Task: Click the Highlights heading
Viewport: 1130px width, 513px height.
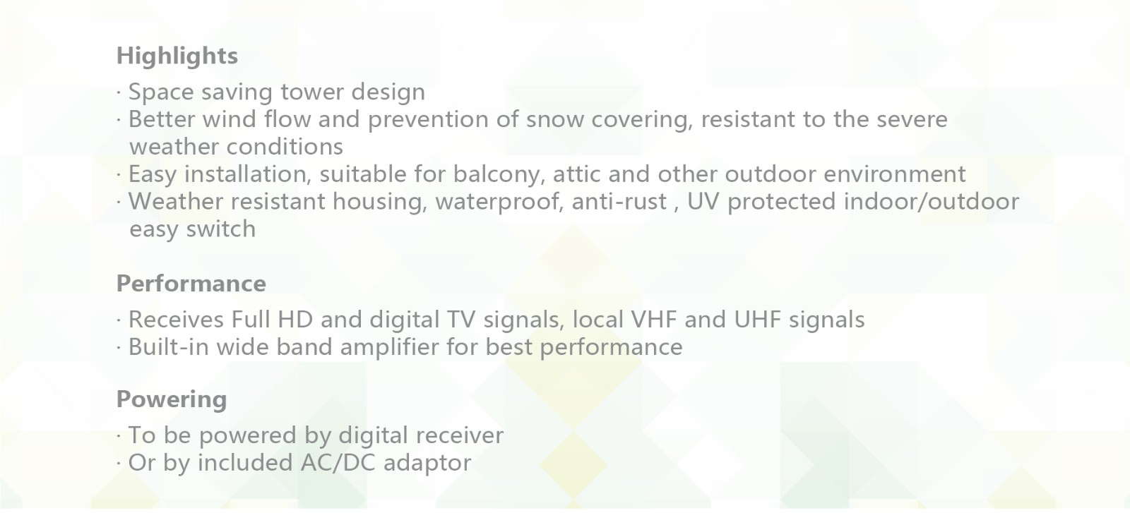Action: point(177,56)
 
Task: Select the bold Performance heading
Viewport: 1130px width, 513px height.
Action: point(191,284)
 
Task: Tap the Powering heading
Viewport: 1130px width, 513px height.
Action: point(172,399)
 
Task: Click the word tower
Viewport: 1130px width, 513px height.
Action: point(311,92)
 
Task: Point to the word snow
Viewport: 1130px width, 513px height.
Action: point(555,120)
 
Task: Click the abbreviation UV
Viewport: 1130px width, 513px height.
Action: point(703,202)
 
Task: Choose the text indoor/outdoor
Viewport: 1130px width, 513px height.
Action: point(932,202)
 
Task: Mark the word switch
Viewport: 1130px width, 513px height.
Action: point(221,229)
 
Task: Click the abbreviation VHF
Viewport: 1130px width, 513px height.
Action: point(654,320)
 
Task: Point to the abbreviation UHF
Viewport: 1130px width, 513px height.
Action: point(757,320)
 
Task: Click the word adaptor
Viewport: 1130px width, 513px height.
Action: point(427,464)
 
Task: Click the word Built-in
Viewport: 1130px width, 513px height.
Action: point(169,347)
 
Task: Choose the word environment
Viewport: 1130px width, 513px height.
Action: point(894,174)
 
